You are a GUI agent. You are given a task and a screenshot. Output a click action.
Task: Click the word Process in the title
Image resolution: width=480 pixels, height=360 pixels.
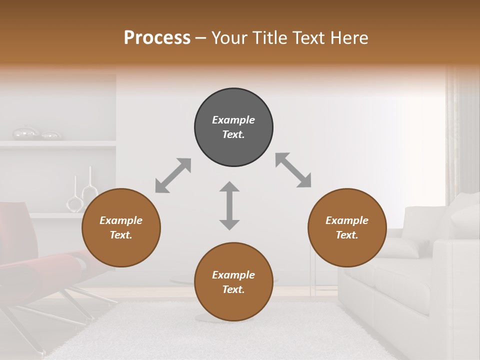(157, 38)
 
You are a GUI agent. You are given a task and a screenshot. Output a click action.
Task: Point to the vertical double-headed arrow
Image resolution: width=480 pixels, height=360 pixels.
(229, 205)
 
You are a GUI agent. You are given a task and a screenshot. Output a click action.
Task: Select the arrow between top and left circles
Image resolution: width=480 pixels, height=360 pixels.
(173, 175)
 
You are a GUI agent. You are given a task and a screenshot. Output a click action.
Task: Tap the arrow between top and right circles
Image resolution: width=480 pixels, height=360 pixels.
(293, 170)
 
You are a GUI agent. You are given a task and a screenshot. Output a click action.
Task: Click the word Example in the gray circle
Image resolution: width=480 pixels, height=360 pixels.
(233, 120)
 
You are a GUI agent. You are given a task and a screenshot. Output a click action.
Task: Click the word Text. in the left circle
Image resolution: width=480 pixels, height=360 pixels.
(121, 235)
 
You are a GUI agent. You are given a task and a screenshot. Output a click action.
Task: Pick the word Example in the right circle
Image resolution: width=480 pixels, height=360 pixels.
(347, 220)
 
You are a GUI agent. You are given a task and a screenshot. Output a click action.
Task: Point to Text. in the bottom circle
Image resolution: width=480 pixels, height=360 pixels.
(233, 289)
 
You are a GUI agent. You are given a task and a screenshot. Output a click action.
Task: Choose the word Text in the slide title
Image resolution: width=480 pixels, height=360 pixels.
(303, 38)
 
